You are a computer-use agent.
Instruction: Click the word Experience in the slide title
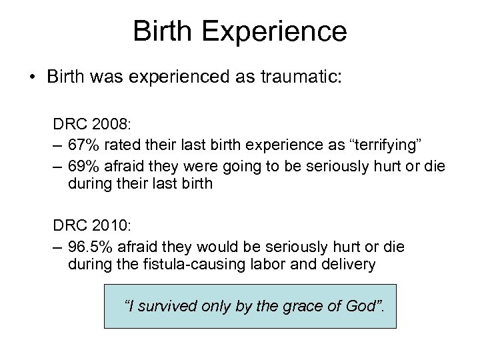[x=277, y=32]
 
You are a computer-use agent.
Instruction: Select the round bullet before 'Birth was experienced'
[x=32, y=75]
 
